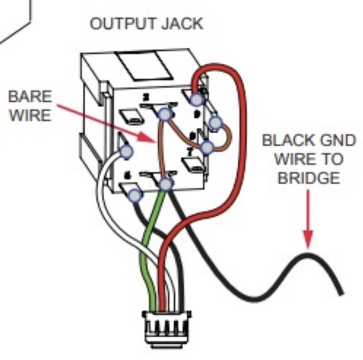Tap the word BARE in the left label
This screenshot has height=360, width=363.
pyautogui.click(x=30, y=97)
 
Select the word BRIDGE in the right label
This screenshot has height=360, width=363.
pyautogui.click(x=309, y=177)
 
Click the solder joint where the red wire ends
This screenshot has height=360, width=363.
pyautogui.click(x=197, y=99)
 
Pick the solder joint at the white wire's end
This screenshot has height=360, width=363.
pyautogui.click(x=126, y=151)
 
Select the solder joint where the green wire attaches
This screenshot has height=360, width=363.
pyautogui.click(x=166, y=184)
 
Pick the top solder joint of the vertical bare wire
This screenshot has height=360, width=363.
pyautogui.click(x=164, y=114)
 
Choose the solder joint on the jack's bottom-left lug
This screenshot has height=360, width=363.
pyautogui.click(x=135, y=195)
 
